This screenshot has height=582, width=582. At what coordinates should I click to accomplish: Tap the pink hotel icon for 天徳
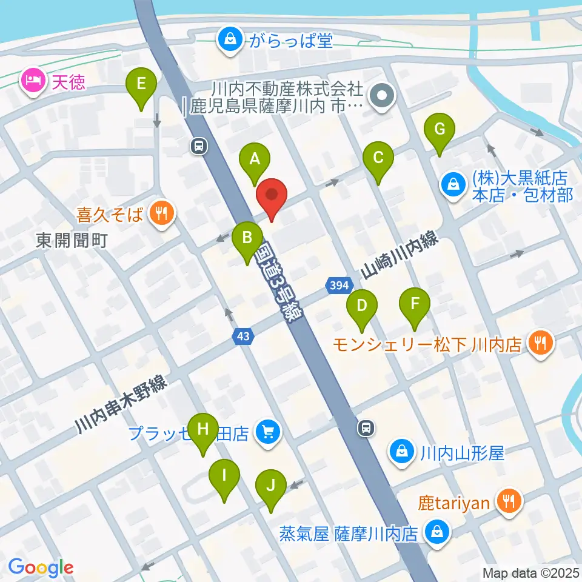tap(31, 80)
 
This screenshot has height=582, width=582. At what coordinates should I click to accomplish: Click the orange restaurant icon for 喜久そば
tap(161, 213)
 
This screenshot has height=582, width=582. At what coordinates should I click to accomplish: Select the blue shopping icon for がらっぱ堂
tap(230, 41)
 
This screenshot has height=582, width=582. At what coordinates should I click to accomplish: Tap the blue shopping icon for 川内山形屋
tap(401, 452)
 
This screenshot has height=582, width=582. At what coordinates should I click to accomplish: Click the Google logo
tap(41, 568)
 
